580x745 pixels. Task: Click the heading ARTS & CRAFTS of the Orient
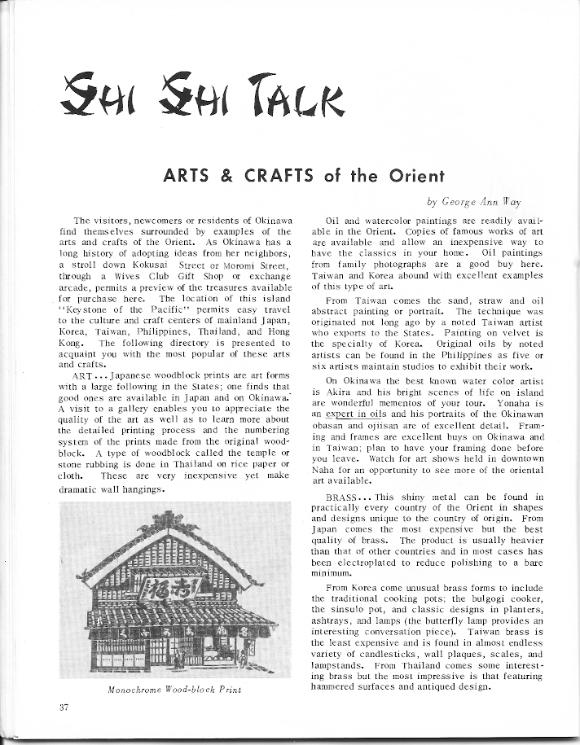290,176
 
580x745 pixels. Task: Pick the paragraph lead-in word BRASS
346,496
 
